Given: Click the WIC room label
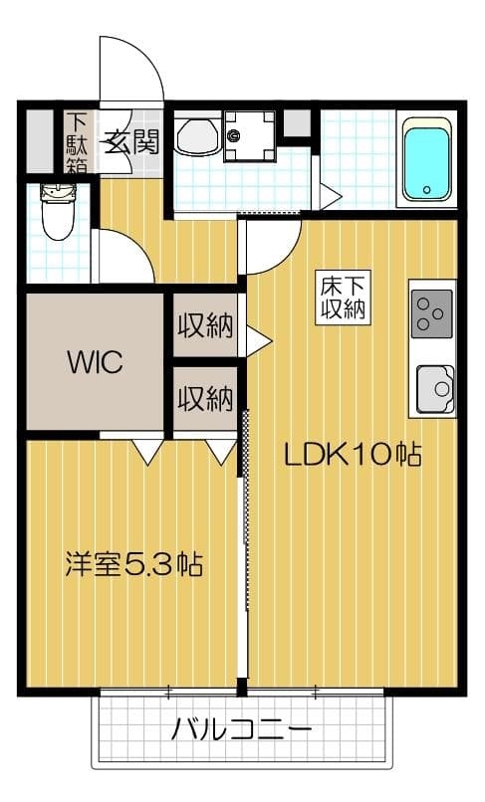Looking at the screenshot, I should (x=95, y=362).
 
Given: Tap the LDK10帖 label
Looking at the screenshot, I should (x=353, y=456).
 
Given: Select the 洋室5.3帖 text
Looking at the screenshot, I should (x=133, y=566).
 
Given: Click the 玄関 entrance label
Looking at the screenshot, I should (x=133, y=142).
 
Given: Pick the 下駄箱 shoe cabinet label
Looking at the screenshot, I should (x=78, y=142).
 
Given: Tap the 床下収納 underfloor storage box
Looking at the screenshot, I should (x=342, y=296).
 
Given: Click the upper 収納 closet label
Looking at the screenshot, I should (x=205, y=325).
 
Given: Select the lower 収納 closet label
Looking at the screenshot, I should (x=205, y=399).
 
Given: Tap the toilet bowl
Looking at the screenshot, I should (x=56, y=212).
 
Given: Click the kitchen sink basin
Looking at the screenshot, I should (x=435, y=388).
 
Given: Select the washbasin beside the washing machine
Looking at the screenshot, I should (x=197, y=136).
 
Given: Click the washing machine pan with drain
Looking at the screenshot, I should (x=249, y=136).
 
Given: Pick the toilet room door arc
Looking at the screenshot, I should (x=122, y=257).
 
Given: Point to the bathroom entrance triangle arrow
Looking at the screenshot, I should (x=329, y=194).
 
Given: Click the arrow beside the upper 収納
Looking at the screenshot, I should (x=258, y=340).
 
